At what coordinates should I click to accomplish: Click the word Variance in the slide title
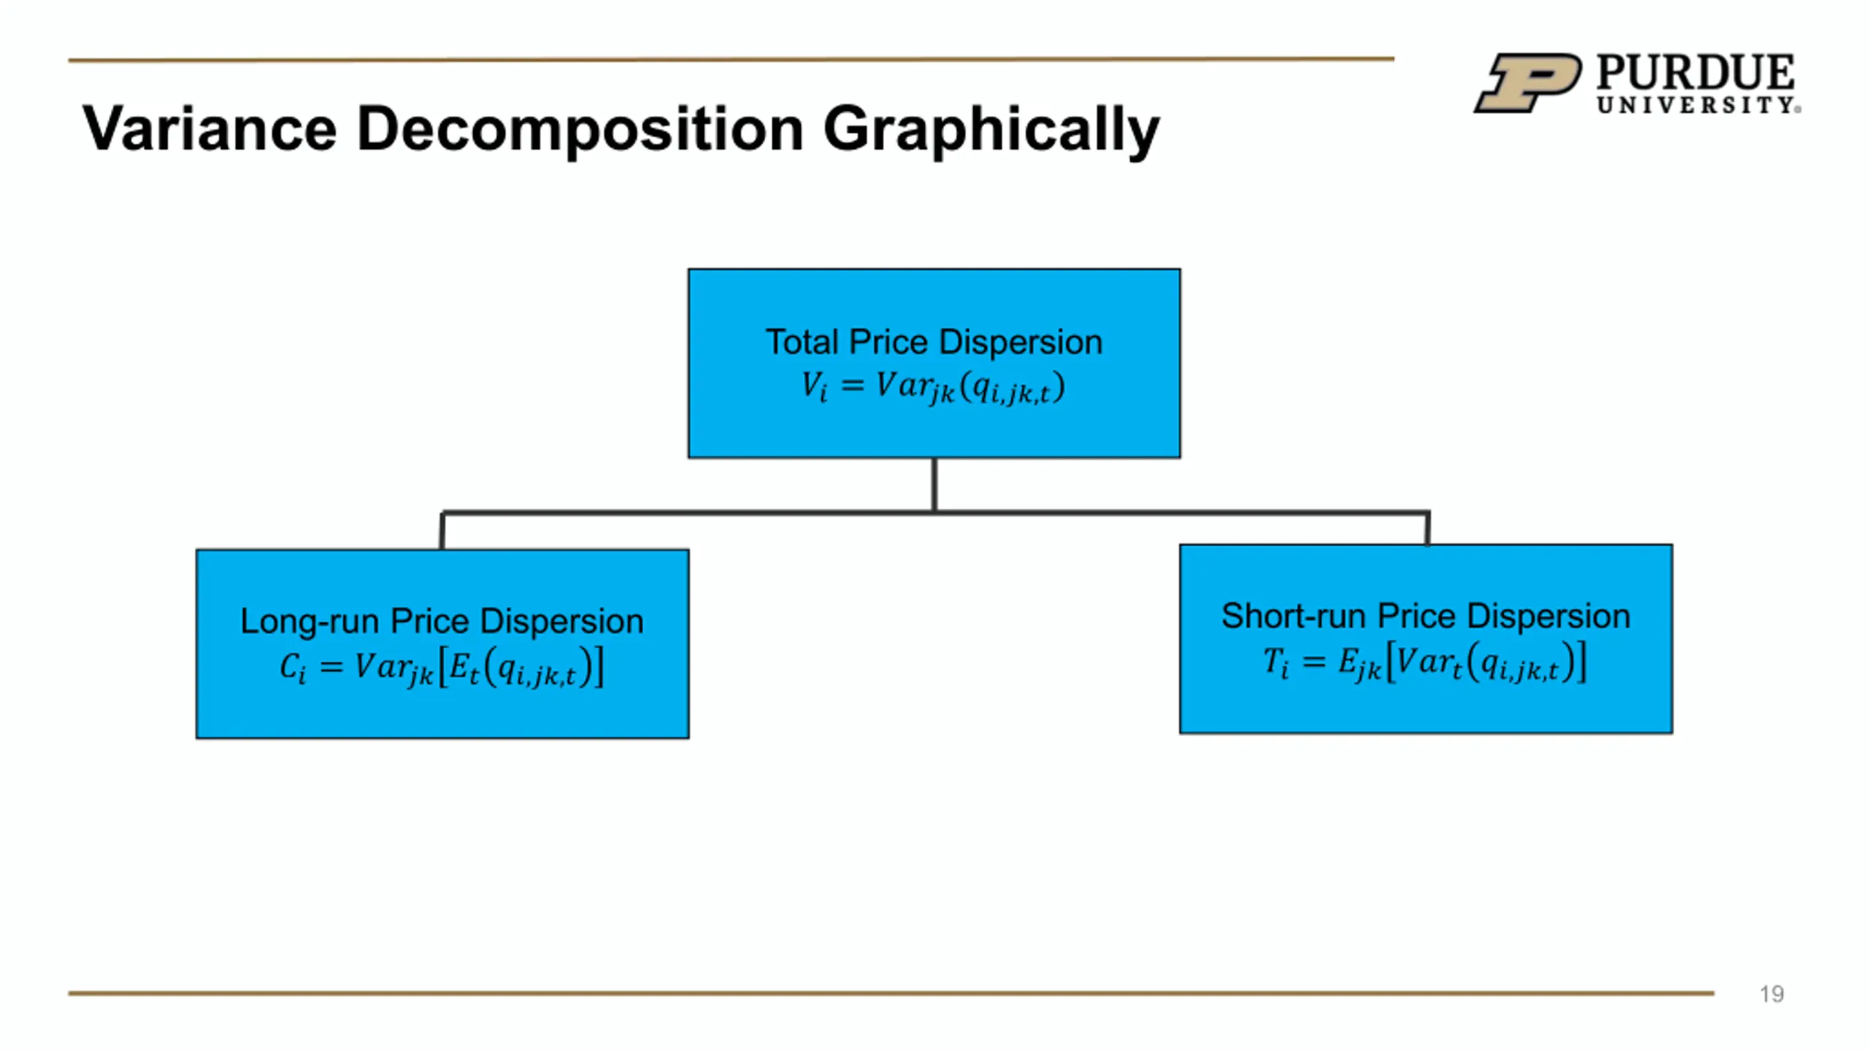(x=210, y=128)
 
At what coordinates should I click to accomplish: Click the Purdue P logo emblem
(x=1528, y=82)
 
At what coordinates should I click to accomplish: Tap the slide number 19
(x=1772, y=994)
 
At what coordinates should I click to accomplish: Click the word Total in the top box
(x=802, y=342)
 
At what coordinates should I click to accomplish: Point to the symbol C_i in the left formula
(x=293, y=666)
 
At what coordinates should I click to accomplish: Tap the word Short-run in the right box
(x=1294, y=617)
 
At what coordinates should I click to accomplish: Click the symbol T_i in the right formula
(x=1276, y=662)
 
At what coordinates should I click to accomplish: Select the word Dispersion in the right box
(x=1548, y=617)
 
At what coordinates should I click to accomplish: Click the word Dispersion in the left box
(x=562, y=622)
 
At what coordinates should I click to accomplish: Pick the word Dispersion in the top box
(x=1021, y=342)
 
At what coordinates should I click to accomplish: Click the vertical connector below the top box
(x=934, y=485)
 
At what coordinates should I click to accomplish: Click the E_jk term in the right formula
(x=1360, y=663)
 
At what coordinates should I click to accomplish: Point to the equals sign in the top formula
(x=853, y=385)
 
